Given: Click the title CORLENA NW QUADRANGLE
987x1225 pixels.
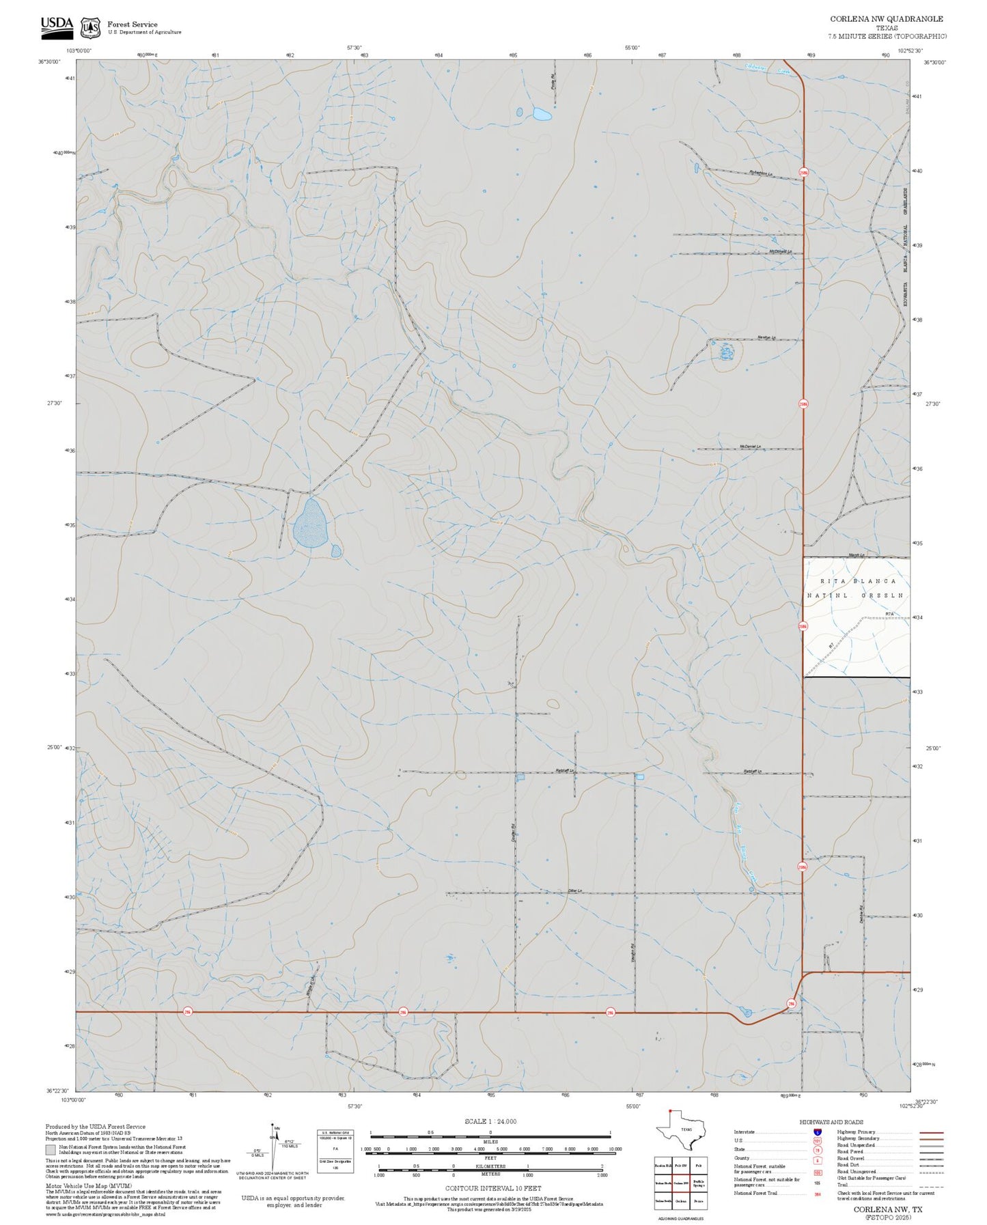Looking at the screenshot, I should point(887,19).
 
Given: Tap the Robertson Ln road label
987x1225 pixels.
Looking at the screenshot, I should point(761,172).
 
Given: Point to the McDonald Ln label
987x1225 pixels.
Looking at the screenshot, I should point(780,251).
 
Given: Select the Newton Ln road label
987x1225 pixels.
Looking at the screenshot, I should point(766,337).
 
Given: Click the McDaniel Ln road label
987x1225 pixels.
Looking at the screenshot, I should point(750,447).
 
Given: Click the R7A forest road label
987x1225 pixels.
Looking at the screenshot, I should point(889,615).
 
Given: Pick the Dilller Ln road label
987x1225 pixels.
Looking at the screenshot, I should point(575,890).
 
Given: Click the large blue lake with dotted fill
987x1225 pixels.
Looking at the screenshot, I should point(310,523).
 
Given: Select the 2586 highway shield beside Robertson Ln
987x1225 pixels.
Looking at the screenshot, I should point(803,173).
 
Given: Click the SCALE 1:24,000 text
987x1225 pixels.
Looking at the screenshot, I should point(490,1121).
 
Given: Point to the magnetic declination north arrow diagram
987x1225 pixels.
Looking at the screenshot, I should point(275,1146).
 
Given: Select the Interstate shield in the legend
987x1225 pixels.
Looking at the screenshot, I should point(817,1131).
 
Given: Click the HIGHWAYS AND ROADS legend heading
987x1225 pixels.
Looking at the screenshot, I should point(831,1122).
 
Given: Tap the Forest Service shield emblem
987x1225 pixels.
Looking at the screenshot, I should point(90,27).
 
